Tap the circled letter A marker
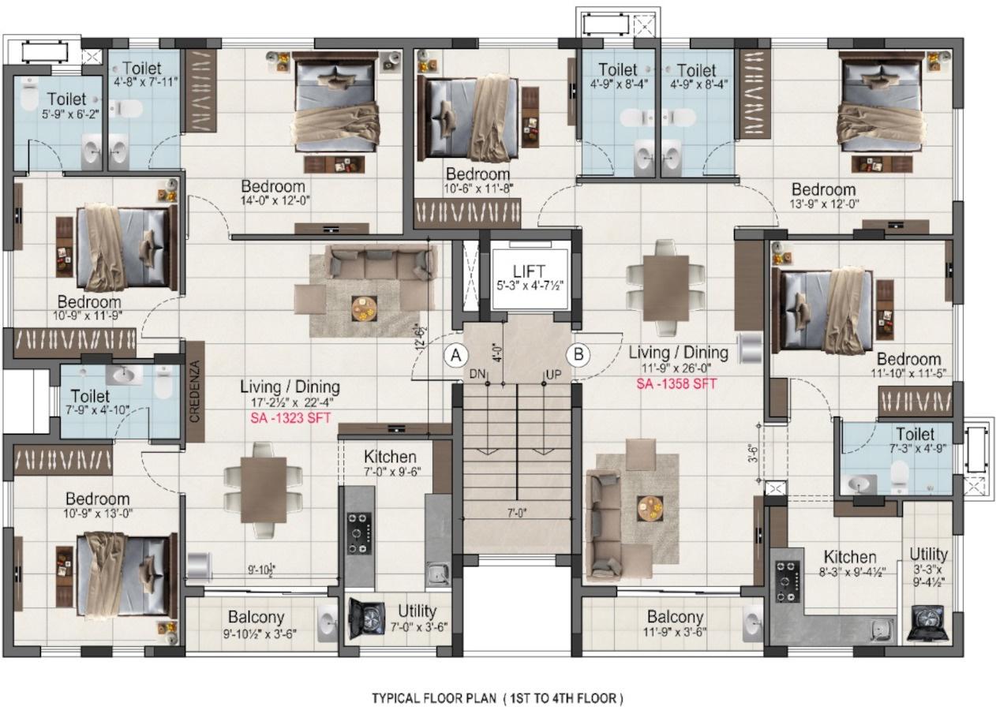click(x=455, y=355)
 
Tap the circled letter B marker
click(x=579, y=355)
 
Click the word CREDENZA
click(x=194, y=392)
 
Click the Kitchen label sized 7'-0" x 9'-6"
click(x=390, y=458)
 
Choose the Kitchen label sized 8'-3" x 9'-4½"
click(x=849, y=557)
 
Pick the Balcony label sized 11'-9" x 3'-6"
click(x=675, y=617)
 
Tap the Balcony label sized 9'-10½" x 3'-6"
click(x=256, y=617)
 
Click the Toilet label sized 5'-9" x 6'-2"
click(x=66, y=100)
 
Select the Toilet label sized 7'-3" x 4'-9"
click(x=915, y=435)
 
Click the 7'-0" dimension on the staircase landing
click(x=516, y=512)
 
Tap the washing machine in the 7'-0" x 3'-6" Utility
click(x=367, y=619)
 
